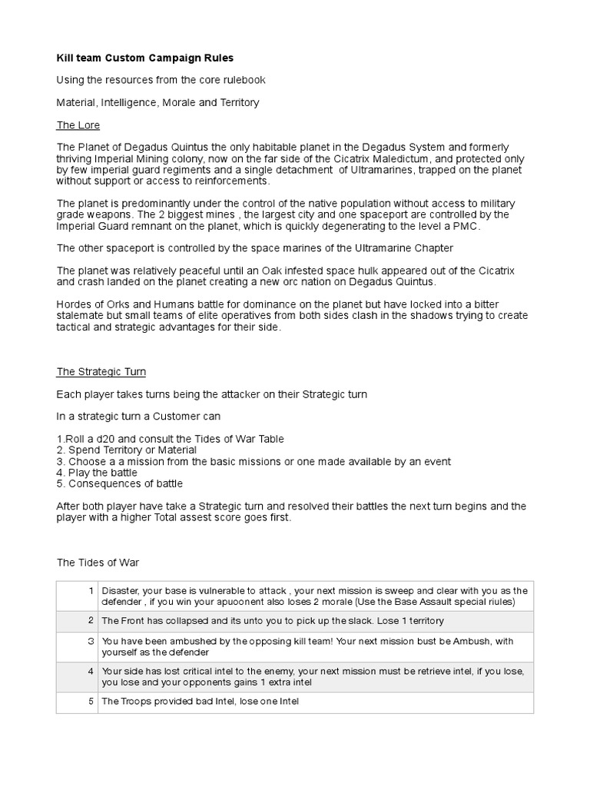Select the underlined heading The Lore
tap(78, 125)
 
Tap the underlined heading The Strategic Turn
tap(101, 371)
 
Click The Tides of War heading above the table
tap(98, 563)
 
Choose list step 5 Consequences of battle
tap(120, 484)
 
